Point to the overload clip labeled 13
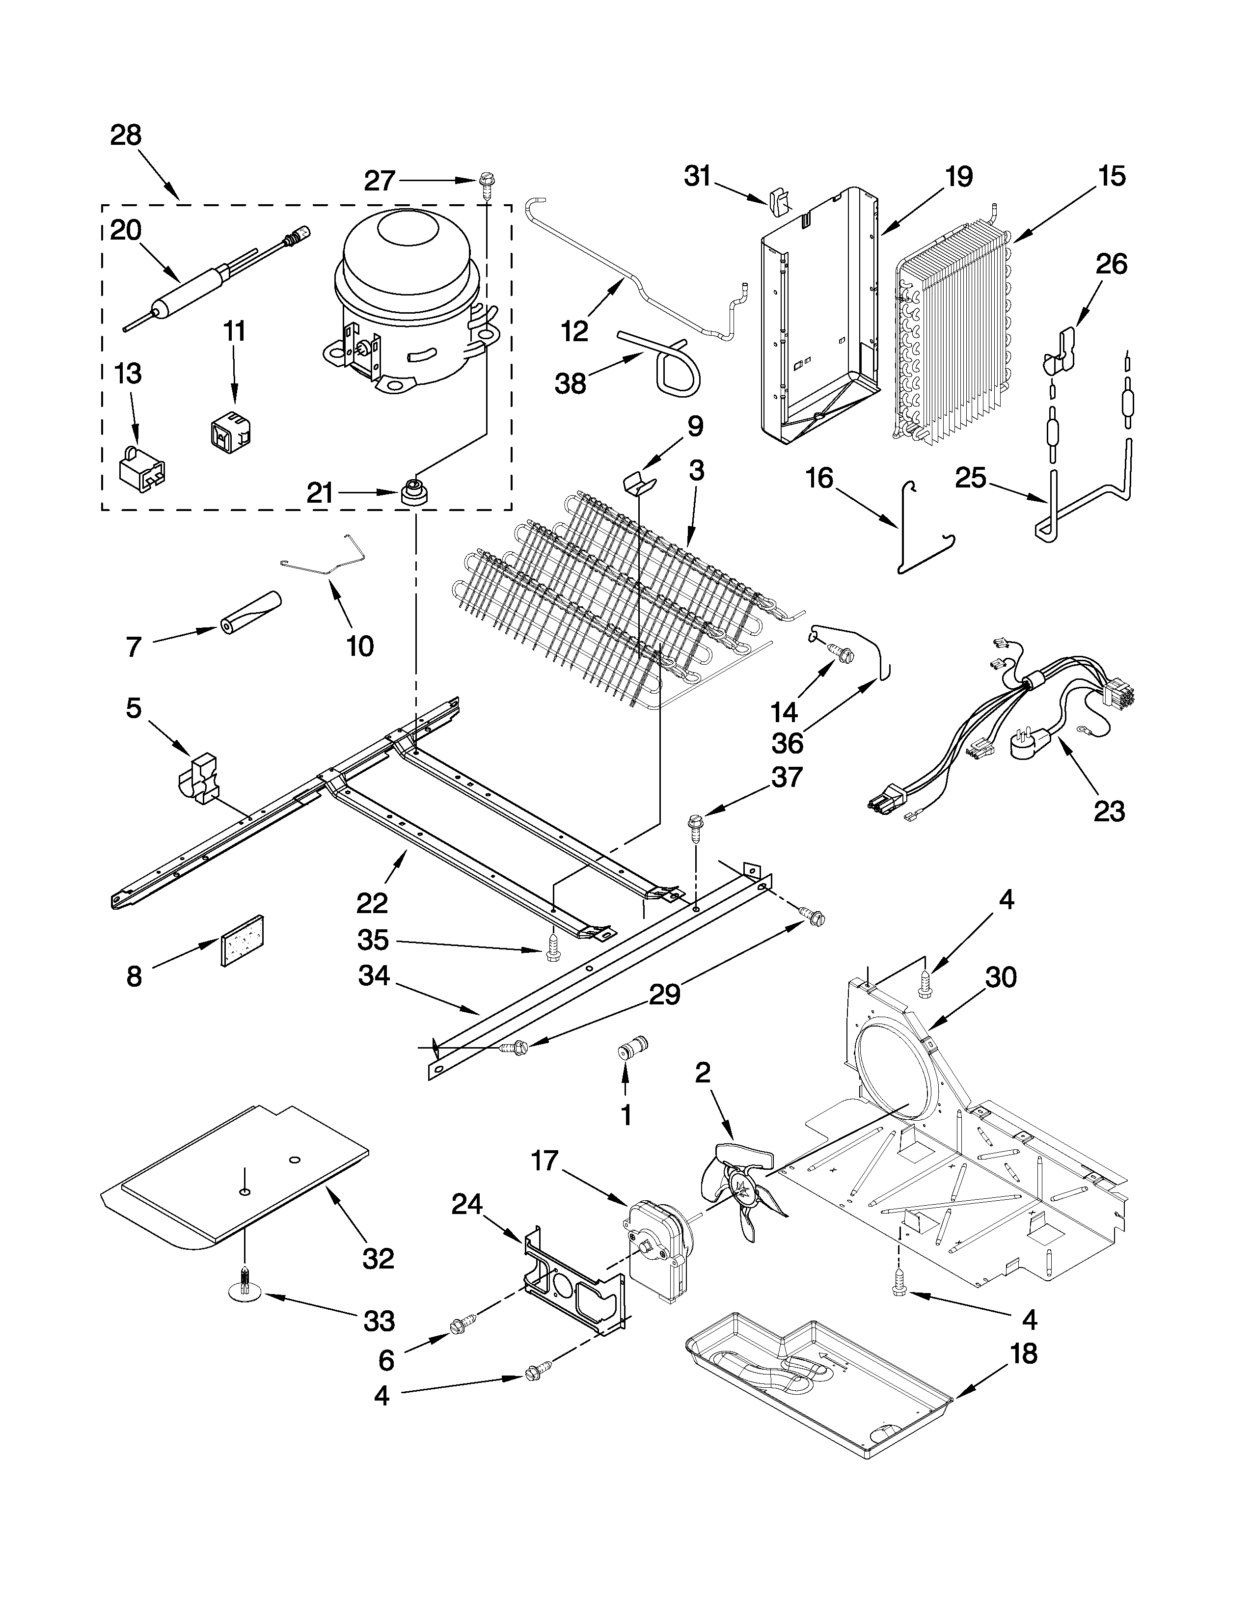point(142,467)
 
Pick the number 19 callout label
point(959,177)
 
